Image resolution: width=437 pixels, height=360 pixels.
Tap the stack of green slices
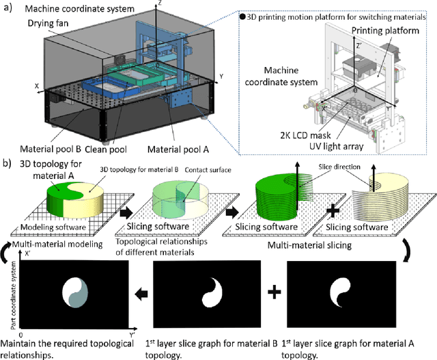[x=276, y=195]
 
